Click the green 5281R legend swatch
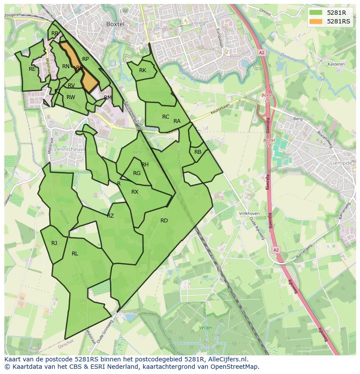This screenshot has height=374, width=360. (x=316, y=13)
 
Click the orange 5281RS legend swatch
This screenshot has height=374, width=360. (x=316, y=21)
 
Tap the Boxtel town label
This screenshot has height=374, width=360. (x=115, y=24)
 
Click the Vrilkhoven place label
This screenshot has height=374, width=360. (x=249, y=214)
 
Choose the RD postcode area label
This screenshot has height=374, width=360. (x=164, y=221)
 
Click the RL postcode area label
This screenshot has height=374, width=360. (x=75, y=254)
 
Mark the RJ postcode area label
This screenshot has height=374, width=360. (x=54, y=243)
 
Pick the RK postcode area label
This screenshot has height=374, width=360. (x=143, y=70)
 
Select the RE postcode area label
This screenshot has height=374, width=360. (x=32, y=69)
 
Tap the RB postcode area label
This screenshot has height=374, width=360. (x=198, y=152)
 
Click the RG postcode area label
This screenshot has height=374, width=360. (x=137, y=173)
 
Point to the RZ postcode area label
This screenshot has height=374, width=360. (x=110, y=216)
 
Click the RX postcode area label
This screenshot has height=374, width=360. (x=135, y=192)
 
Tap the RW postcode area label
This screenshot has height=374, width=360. (x=71, y=97)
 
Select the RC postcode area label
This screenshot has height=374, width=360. (x=166, y=117)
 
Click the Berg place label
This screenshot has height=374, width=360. (x=298, y=119)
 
